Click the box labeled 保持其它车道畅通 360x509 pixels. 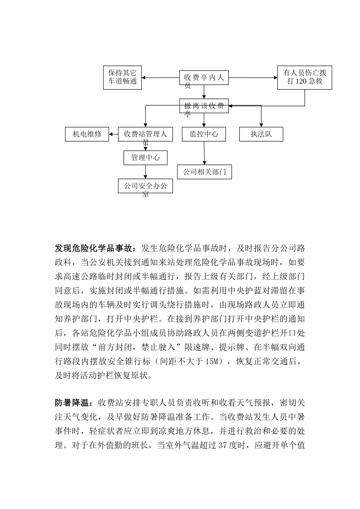(x=122, y=78)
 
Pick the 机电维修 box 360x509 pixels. (x=87, y=134)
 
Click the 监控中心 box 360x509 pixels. (x=204, y=134)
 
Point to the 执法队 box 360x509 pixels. (x=261, y=134)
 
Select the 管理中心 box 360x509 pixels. (x=146, y=158)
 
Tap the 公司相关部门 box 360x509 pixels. (x=204, y=172)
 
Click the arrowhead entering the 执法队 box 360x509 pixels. (x=261, y=125)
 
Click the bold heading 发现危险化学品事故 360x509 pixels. (x=95, y=248)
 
